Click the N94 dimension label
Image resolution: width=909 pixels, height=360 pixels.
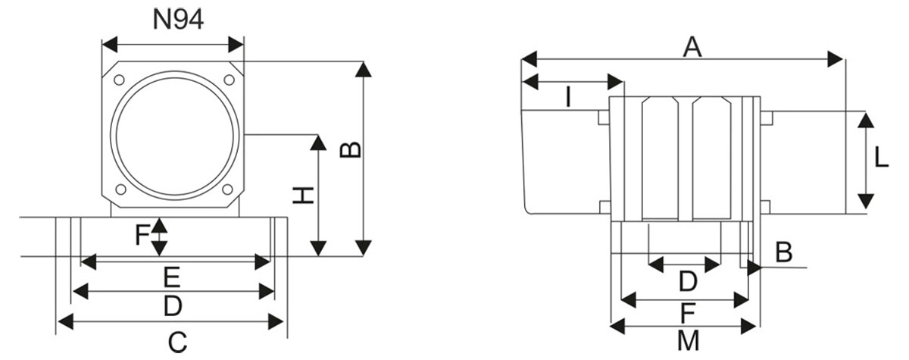pyautogui.click(x=178, y=19)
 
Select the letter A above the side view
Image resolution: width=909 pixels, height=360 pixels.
pyautogui.click(x=692, y=47)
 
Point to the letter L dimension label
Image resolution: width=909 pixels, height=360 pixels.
pyautogui.click(x=881, y=158)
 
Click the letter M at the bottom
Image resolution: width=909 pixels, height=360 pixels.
pyautogui.click(x=688, y=342)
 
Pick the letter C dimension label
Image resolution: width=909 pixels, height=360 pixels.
pyautogui.click(x=176, y=342)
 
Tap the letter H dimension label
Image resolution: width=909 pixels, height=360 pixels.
pyautogui.click(x=303, y=196)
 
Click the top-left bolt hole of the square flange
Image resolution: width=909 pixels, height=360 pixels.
pyautogui.click(x=119, y=80)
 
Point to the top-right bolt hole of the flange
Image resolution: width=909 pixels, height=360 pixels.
pyautogui.click(x=227, y=80)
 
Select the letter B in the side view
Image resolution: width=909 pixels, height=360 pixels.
pyautogui.click(x=783, y=252)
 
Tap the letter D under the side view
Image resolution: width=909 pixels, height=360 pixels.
pyautogui.click(x=687, y=282)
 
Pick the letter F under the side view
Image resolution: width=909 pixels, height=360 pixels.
pyautogui.click(x=687, y=312)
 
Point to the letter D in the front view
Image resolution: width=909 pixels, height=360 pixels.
pyautogui.click(x=173, y=306)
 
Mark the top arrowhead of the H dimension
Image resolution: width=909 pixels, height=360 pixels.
pyautogui.click(x=319, y=141)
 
